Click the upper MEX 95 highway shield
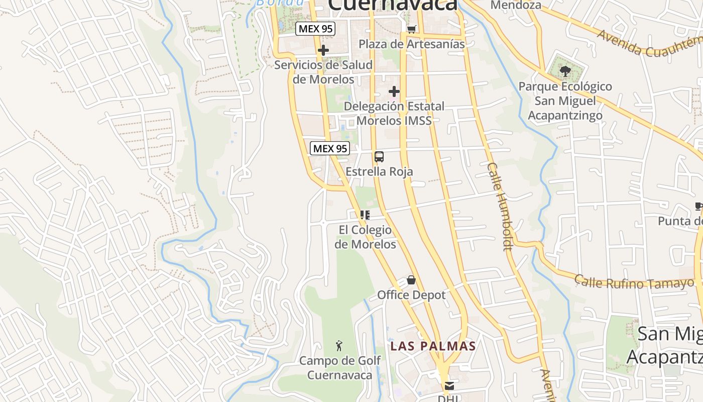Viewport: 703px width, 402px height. (315, 29)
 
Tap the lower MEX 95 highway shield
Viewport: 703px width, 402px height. (330, 148)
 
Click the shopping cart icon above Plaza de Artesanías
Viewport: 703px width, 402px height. (411, 29)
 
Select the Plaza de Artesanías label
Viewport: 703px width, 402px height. (412, 44)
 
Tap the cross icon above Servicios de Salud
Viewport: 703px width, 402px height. (323, 50)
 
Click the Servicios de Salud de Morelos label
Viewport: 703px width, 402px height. (323, 72)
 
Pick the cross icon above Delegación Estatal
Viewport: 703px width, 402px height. (394, 91)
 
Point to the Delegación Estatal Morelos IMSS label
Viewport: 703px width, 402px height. (394, 114)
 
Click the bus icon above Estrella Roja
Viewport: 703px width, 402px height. (379, 157)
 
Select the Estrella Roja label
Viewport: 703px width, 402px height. (379, 171)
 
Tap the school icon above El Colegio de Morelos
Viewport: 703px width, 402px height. (365, 215)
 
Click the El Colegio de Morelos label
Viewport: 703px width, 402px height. (365, 237)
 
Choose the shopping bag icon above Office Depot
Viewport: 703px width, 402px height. (411, 280)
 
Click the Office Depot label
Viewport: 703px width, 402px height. (411, 294)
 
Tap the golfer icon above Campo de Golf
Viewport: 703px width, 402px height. (340, 346)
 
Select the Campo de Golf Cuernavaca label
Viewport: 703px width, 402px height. (340, 368)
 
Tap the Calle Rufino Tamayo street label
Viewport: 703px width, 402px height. (634, 282)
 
